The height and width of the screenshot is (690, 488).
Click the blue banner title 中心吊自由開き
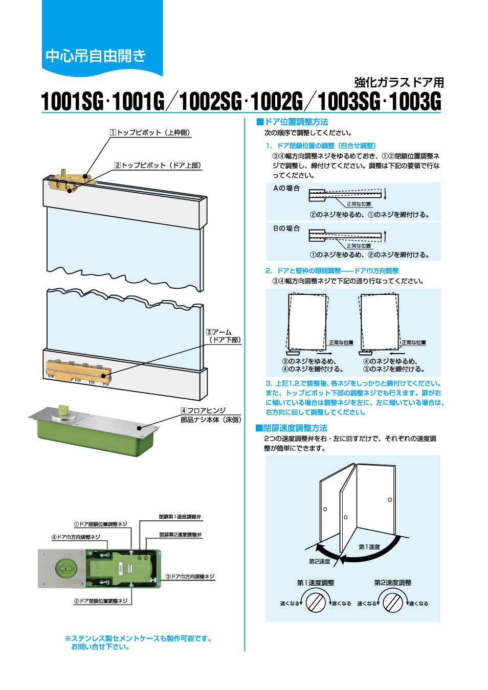click(96, 55)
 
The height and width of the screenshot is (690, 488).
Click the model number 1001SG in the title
click(72, 101)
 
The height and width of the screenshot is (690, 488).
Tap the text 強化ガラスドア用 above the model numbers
click(399, 82)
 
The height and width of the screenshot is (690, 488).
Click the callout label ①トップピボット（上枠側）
click(150, 132)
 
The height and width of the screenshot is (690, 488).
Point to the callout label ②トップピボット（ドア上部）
click(158, 165)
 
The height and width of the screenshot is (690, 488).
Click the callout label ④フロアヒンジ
click(203, 410)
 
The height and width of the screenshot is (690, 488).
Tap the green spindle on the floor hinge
click(63, 410)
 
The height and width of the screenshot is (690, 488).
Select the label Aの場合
click(286, 188)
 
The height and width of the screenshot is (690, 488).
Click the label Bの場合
click(286, 228)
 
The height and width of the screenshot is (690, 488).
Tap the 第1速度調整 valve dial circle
click(316, 602)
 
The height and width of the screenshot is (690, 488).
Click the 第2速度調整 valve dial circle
click(393, 602)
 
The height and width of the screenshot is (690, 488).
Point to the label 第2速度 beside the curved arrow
click(319, 561)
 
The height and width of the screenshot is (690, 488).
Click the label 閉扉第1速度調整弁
click(180, 517)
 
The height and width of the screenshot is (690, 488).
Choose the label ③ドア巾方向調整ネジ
click(190, 577)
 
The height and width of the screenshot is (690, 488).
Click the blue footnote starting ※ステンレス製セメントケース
click(138, 642)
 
